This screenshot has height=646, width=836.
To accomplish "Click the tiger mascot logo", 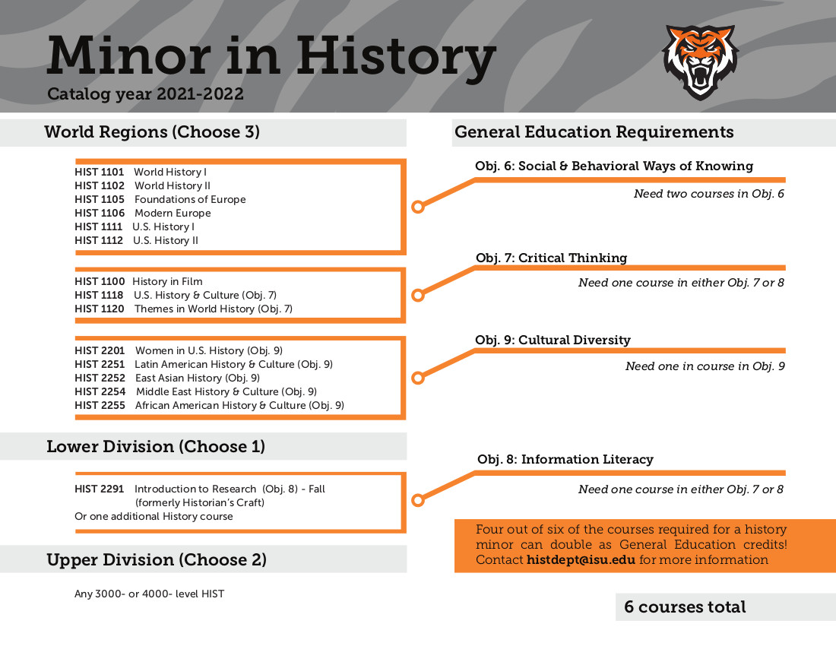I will click(700, 62).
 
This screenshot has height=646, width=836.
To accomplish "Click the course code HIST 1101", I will click(99, 172).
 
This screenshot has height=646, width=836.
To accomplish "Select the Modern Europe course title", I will click(173, 213).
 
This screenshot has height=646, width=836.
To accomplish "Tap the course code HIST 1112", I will click(99, 240).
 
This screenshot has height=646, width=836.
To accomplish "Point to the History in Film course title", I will click(167, 281).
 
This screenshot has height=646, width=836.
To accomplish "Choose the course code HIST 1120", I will click(99, 309).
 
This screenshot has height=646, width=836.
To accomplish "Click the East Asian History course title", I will click(179, 378).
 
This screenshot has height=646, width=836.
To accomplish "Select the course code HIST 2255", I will click(99, 405).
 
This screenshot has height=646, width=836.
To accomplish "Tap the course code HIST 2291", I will click(99, 489).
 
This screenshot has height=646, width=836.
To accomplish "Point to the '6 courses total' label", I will click(685, 606).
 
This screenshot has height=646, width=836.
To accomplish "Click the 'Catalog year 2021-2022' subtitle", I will click(145, 94).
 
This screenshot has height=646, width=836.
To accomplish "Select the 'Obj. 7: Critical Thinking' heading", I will click(551, 258).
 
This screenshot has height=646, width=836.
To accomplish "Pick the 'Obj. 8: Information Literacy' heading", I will click(565, 459).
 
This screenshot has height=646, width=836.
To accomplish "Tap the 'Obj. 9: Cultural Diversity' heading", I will click(553, 340).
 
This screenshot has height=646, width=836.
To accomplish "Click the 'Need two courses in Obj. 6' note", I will click(708, 194).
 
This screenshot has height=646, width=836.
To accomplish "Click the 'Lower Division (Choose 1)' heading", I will click(156, 446).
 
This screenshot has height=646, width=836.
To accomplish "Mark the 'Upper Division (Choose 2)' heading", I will click(157, 560).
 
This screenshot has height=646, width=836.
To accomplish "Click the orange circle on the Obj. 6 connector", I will click(416, 207).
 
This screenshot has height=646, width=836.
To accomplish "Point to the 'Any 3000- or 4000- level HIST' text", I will click(149, 594).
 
